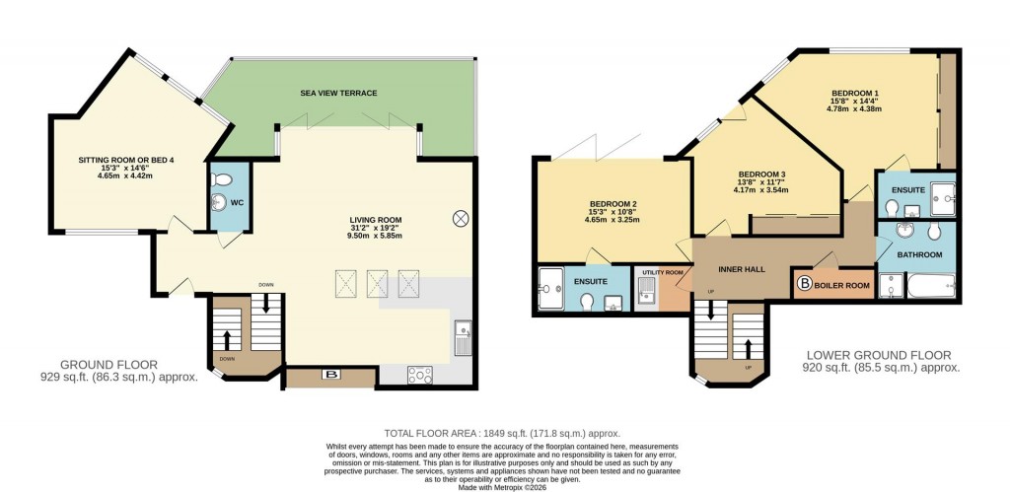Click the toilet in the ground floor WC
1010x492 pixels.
pos(222,180)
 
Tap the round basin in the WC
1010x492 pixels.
pos(217,203)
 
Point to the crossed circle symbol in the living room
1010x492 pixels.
pos(460,218)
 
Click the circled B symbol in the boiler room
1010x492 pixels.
pos(805,285)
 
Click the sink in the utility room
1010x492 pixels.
pos(648,289)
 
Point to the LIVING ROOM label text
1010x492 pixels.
pos(375,220)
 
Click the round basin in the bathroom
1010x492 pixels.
pos(903,234)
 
